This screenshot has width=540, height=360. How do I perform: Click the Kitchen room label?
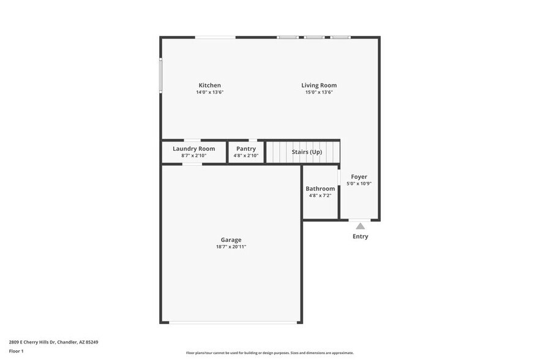tap(209, 85)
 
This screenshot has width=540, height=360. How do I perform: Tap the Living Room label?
tap(318, 85)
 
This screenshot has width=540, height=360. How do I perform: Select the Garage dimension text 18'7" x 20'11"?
tap(231, 247)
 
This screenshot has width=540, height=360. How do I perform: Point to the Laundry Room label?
tap(193, 149)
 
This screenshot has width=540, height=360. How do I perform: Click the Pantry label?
tap(246, 149)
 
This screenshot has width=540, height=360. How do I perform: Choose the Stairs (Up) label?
tap(306, 152)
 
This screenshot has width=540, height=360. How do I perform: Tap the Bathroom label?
tap(320, 189)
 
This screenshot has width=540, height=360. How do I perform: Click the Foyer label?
tap(359, 176)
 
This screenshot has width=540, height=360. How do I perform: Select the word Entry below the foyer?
tap(360, 236)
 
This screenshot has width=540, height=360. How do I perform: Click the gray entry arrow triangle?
tap(360, 226)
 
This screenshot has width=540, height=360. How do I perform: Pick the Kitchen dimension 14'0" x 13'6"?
tap(209, 92)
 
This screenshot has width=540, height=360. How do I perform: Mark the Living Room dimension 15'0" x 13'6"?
tap(318, 92)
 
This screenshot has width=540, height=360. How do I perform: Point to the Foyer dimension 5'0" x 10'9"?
tap(359, 184)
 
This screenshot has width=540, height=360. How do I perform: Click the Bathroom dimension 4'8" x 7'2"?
tap(320, 195)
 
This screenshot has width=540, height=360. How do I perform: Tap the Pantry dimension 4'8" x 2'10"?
tap(246, 156)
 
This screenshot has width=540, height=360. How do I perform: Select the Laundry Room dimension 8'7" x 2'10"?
tap(193, 156)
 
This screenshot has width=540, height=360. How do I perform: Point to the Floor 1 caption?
tap(16, 351)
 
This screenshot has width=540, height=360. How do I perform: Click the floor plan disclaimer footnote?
tap(269, 353)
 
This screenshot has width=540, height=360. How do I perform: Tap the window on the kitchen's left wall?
tap(161, 75)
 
